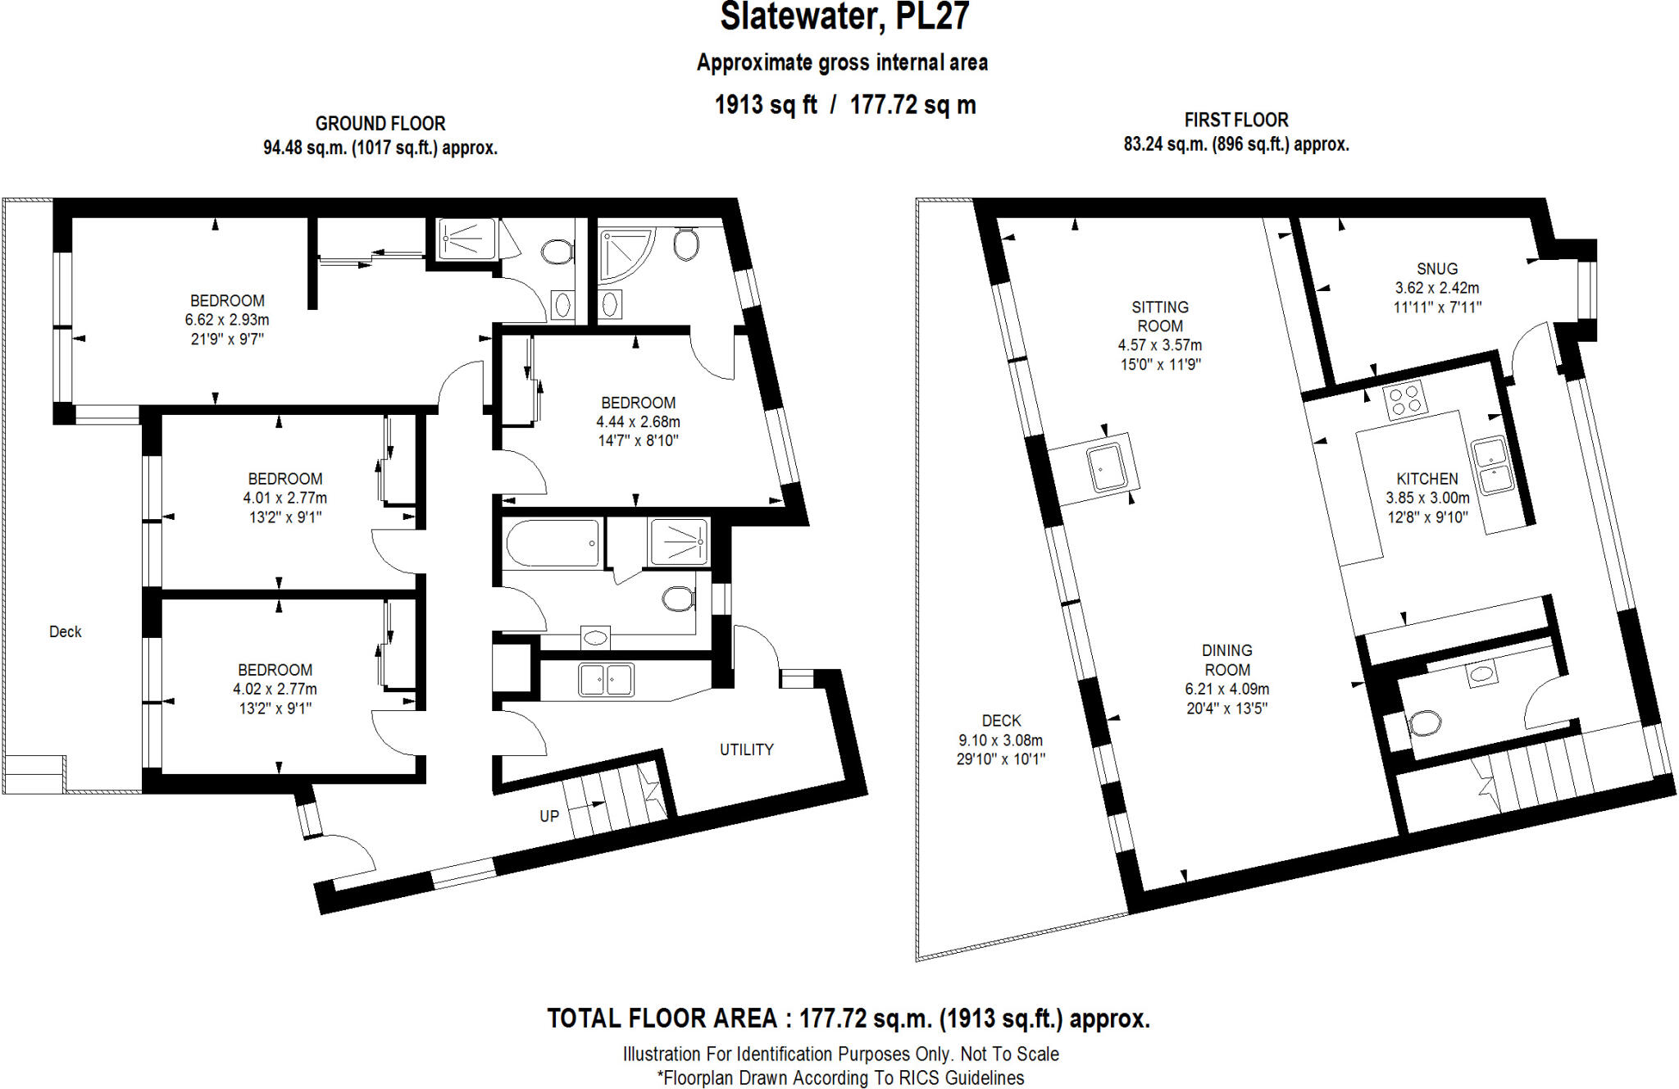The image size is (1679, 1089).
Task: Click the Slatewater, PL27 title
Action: tap(844, 17)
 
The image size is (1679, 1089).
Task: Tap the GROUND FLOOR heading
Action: tap(380, 124)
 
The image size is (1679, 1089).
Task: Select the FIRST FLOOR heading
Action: tap(1235, 120)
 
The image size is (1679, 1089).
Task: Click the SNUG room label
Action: tap(1436, 269)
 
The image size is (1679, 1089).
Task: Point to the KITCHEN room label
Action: tap(1426, 479)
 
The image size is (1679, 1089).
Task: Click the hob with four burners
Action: tap(1405, 401)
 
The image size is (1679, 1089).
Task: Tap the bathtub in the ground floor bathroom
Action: tap(552, 543)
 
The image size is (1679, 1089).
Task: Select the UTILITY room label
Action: tap(746, 750)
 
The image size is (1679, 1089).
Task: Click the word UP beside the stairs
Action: tap(548, 816)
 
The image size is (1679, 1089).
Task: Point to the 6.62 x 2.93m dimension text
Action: tap(226, 320)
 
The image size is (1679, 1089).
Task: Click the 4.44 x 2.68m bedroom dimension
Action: tap(638, 421)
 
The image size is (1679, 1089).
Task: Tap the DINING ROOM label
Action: tap(1226, 659)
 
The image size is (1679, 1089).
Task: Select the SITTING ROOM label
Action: tap(1159, 317)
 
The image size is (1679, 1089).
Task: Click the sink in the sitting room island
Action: tap(1108, 467)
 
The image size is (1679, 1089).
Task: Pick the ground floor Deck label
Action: tap(65, 632)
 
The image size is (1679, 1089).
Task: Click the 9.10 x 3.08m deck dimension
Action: tap(1000, 740)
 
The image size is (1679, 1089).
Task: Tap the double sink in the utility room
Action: tap(606, 680)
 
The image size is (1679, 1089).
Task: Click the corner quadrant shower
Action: tap(622, 253)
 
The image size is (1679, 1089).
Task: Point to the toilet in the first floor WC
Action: tap(1425, 723)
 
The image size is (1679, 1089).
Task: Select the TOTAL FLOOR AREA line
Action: tap(848, 1018)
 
